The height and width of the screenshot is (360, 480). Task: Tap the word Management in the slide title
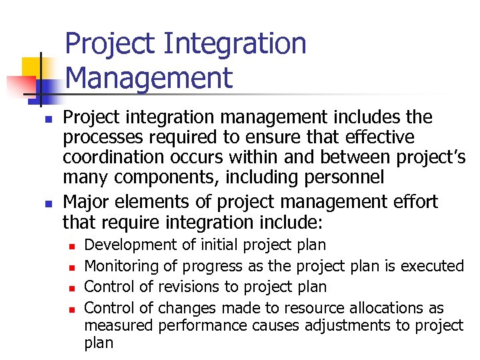(149, 77)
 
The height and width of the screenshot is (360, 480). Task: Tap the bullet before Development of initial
(69, 246)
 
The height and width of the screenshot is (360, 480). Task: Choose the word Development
(123, 245)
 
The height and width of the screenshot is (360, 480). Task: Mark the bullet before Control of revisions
(69, 287)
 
